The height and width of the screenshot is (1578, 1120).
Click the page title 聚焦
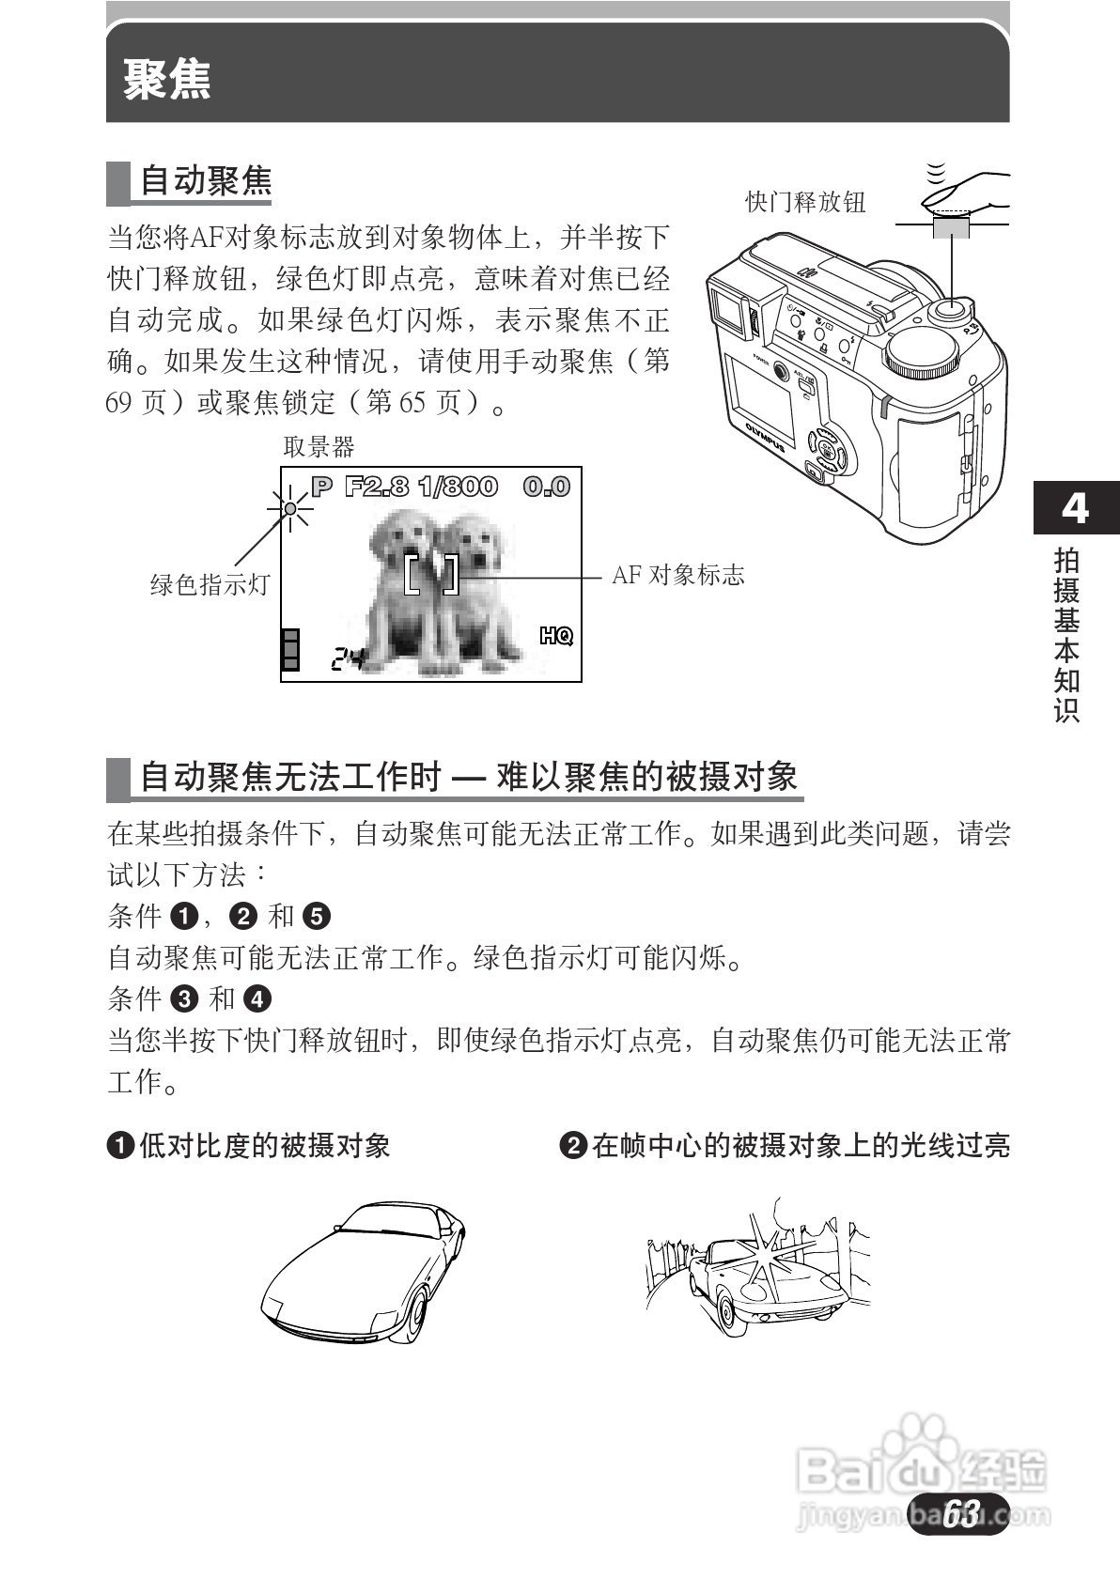[167, 79]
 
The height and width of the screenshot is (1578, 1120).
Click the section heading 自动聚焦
[205, 180]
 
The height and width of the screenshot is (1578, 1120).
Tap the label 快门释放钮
[804, 202]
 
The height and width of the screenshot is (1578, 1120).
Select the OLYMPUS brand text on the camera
[766, 437]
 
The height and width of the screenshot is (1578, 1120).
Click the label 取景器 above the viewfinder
[319, 447]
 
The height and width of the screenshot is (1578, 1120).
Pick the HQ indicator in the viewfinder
[556, 637]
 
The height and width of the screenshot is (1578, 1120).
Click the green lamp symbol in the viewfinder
[291, 509]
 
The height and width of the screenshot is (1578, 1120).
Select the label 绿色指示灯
[210, 584]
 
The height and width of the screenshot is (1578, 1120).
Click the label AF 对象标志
[677, 575]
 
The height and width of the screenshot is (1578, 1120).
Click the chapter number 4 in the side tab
[1074, 508]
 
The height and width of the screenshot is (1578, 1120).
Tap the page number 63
[959, 1512]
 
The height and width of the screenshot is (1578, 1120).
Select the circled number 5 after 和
[318, 916]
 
